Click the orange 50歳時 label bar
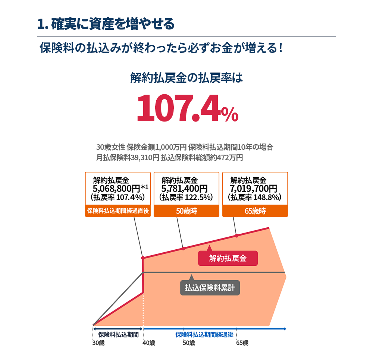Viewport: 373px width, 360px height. coord(186,211)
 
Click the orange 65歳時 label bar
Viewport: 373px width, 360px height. coord(255,211)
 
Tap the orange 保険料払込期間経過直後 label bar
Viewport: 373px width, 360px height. coord(118,211)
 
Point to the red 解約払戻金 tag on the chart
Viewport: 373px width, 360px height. coord(228,258)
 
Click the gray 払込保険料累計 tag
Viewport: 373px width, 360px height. coord(210,288)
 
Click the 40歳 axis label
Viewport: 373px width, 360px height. coord(149,343)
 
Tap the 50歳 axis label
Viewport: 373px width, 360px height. coord(189,343)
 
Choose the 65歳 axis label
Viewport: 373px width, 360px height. coord(242,343)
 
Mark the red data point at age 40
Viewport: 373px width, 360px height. coord(143,258)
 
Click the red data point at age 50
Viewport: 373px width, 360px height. coord(183,248)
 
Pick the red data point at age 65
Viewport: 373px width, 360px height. coord(236,236)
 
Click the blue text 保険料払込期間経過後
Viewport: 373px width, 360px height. coord(204,335)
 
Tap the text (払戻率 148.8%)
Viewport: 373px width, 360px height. coord(255,198)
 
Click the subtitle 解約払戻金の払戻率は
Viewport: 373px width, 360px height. coord(186,79)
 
